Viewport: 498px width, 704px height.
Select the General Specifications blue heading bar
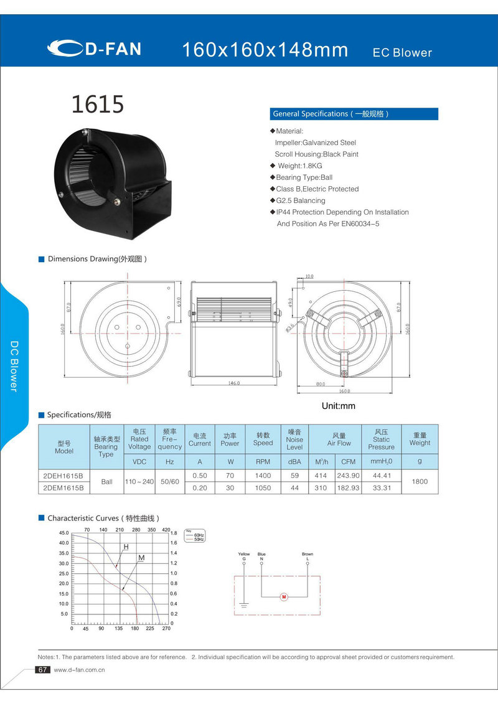pos(354,114)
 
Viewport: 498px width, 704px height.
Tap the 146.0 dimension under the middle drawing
pos(234,383)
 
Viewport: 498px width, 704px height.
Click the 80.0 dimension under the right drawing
pos(321,384)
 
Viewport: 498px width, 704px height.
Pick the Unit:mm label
pos(338,406)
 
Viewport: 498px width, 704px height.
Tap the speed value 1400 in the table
pos(263,476)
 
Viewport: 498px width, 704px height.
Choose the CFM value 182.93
pos(348,488)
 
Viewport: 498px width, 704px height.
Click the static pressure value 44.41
pos(380,476)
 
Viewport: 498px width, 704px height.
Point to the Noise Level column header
pos(294,439)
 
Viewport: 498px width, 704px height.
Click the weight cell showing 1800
pos(420,481)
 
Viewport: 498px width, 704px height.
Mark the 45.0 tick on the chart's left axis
pos(63,533)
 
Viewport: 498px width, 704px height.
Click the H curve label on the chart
pos(126,547)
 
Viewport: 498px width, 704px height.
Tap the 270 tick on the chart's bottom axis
pos(166,629)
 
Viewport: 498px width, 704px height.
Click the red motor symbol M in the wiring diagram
pos(284,597)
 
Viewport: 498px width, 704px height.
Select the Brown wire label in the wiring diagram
pos(308,554)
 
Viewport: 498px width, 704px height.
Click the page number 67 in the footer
pos(42,670)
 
